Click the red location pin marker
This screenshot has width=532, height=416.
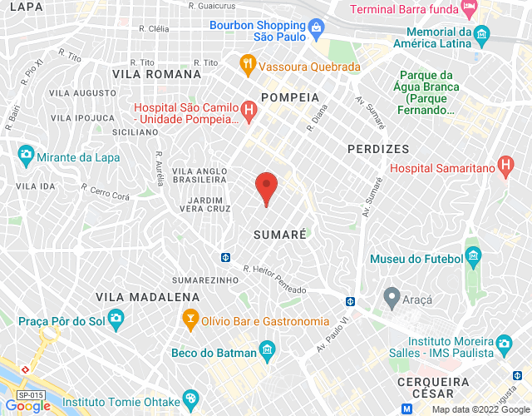click(x=266, y=186)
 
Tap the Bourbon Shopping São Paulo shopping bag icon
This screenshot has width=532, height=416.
click(x=317, y=32)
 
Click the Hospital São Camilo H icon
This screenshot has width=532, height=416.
click(x=248, y=109)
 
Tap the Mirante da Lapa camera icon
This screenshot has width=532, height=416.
click(x=26, y=154)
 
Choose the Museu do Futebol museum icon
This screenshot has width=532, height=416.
click(x=474, y=255)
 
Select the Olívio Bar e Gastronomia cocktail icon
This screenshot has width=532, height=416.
click(x=191, y=319)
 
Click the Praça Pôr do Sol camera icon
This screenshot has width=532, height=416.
click(x=116, y=318)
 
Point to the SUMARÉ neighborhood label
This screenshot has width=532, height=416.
click(x=280, y=235)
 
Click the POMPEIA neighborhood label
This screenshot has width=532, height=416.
click(x=290, y=97)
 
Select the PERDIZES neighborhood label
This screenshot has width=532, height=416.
click(x=378, y=149)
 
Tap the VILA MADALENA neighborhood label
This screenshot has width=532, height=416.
click(x=147, y=296)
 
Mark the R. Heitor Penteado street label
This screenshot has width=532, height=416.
click(x=273, y=279)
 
